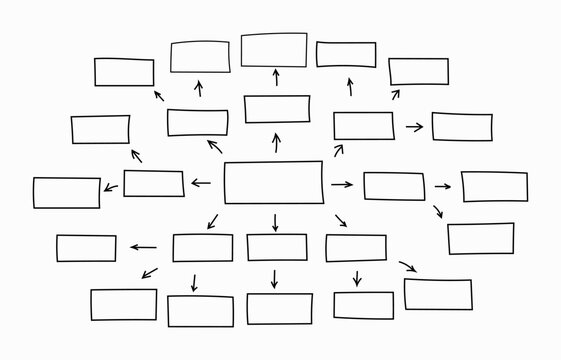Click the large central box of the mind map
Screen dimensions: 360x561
coord(273,183)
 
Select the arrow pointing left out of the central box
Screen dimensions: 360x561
coord(201,183)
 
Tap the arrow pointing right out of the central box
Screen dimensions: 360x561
coord(342,184)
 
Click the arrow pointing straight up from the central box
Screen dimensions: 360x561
coord(276,143)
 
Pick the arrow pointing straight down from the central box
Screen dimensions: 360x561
coord(275,221)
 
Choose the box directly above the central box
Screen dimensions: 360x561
coord(277,109)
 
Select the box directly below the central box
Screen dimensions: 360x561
coord(277,247)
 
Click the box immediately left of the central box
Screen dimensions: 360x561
coord(154,183)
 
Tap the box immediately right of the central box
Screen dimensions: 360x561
coord(393,186)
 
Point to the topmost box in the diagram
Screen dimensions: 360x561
coord(274,50)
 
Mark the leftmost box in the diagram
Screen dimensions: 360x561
coord(67,192)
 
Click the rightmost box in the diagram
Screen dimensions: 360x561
coord(494,187)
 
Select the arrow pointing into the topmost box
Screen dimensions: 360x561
coord(275,79)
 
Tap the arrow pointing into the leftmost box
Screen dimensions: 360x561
coord(109,188)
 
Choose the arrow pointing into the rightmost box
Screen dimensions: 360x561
coord(442,186)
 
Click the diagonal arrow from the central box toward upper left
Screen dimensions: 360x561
coord(214,147)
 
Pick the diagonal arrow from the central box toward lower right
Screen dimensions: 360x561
coord(341,220)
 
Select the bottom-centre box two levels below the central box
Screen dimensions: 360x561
coord(279,308)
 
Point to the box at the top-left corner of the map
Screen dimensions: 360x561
coord(124,72)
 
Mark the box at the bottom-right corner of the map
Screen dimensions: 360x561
coord(438,294)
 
